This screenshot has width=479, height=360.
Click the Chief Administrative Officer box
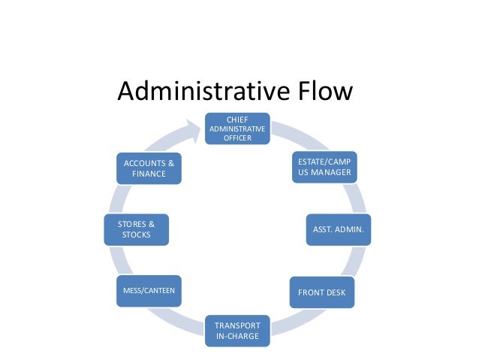click(237, 129)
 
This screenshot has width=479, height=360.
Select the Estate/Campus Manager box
click(324, 168)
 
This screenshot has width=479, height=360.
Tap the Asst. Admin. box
click(337, 230)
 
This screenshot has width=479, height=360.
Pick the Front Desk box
click(322, 292)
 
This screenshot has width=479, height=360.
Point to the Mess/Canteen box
click(149, 289)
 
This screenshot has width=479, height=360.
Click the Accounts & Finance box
click(149, 168)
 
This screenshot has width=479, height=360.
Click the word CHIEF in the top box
click(237, 119)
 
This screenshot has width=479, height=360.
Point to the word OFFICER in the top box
click(237, 138)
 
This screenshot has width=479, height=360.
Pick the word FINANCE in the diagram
click(149, 174)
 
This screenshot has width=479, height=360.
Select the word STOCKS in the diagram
click(136, 234)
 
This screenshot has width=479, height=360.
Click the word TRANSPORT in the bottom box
click(237, 325)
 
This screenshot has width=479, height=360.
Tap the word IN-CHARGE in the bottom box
click(237, 336)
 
